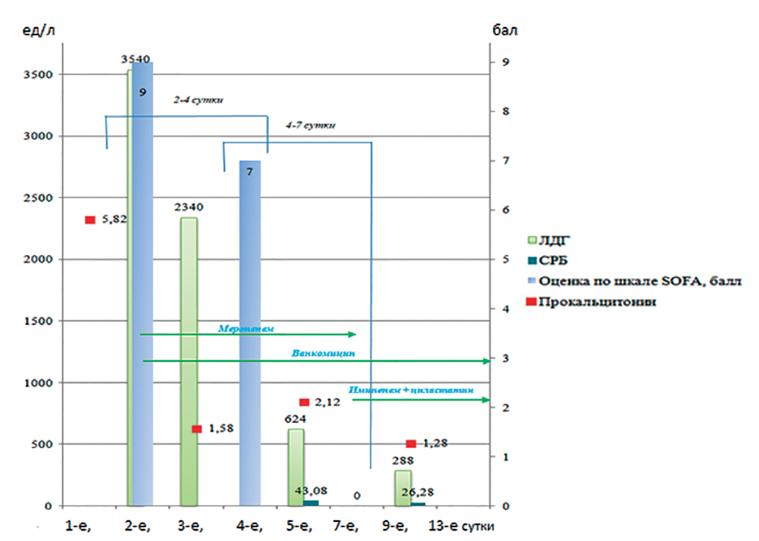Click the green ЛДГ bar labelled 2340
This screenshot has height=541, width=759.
[189, 361]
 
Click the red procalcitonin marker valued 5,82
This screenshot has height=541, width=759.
[91, 220]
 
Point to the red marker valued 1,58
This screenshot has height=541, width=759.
[197, 429]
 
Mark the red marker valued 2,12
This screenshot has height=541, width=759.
[304, 402]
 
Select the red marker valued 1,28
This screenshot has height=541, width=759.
[411, 444]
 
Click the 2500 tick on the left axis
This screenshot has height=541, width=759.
[37, 198]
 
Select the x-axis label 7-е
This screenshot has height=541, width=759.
[345, 526]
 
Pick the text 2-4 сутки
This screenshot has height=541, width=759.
[198, 100]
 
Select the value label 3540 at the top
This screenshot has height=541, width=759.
[136, 59]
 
